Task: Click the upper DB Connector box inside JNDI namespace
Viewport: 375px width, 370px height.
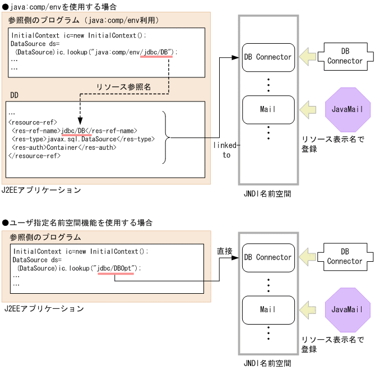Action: tap(268, 57)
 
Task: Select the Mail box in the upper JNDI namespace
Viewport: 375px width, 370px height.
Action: tap(268, 109)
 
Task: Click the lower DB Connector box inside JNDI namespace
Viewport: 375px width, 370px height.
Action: tap(268, 257)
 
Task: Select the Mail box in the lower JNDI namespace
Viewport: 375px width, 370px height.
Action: tap(268, 309)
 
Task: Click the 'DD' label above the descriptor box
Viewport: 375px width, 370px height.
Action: tap(15, 95)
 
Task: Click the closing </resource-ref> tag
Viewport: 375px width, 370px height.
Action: tap(35, 155)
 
